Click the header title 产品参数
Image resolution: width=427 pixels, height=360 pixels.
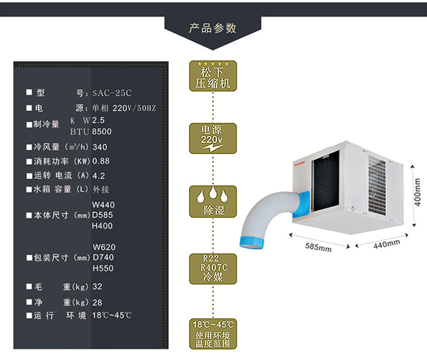pos(212,28)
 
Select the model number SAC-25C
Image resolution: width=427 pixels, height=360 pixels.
pos(112,93)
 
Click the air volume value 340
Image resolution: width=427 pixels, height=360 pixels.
pos(100,147)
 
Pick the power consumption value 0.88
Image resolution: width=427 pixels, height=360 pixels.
pos(101,161)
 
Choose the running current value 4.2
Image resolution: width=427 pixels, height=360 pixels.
pos(98,176)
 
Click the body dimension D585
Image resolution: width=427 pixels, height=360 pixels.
pos(102,215)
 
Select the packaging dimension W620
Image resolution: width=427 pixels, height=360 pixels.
pos(104,247)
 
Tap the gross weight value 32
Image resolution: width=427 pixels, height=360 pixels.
pos(97,287)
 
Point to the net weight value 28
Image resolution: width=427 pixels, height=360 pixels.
pos(97,303)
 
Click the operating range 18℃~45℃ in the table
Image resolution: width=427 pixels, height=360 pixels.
pos(113,316)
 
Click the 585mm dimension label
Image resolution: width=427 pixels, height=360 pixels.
pos(318,247)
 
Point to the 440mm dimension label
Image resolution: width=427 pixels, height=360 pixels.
pos(387,243)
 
